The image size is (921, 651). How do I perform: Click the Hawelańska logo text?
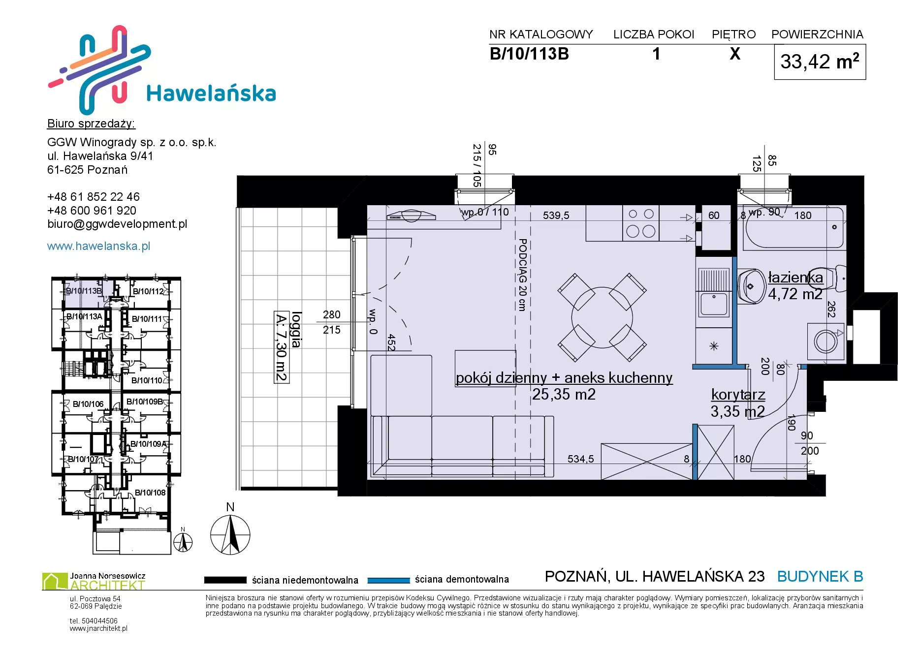point(211,93)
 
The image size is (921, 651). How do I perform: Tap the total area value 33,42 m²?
point(820,62)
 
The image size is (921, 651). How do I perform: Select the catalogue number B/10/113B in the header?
point(529,54)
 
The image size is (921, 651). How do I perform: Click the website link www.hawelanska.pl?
point(98,246)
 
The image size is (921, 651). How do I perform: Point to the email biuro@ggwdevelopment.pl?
point(117,224)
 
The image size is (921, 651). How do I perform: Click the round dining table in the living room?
point(602,317)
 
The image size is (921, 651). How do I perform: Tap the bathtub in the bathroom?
point(794,227)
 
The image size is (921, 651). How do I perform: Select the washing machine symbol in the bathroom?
point(826,341)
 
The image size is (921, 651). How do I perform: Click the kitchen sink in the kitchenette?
point(714,304)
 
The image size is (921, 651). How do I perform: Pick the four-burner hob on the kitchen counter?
point(641,223)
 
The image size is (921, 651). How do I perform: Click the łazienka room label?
point(795,278)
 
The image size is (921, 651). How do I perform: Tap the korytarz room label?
point(738,395)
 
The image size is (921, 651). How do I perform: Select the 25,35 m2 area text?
point(564,394)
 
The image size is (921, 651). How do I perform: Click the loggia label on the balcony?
point(296,330)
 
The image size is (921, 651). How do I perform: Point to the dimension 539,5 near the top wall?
point(556,216)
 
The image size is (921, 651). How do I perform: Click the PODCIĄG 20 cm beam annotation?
point(523,275)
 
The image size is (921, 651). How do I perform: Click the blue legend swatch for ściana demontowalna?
point(388,580)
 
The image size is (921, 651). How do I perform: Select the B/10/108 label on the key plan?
point(150,493)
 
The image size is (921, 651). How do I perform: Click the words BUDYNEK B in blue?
point(820,576)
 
